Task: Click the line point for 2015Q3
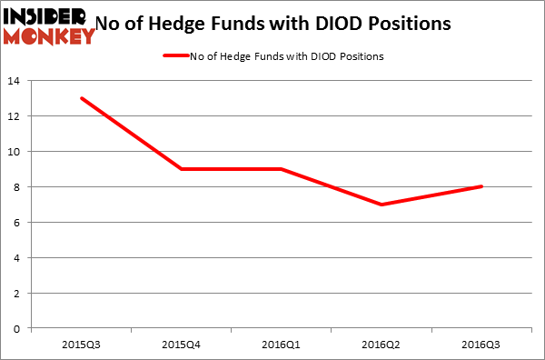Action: tap(81, 98)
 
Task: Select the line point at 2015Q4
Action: tap(181, 169)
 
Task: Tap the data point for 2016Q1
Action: tap(281, 169)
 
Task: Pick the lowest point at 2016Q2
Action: tap(381, 205)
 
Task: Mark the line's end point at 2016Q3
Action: tap(481, 186)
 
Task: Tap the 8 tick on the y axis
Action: tap(18, 187)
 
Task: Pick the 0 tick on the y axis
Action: tap(18, 329)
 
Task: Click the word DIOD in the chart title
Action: tap(355, 22)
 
